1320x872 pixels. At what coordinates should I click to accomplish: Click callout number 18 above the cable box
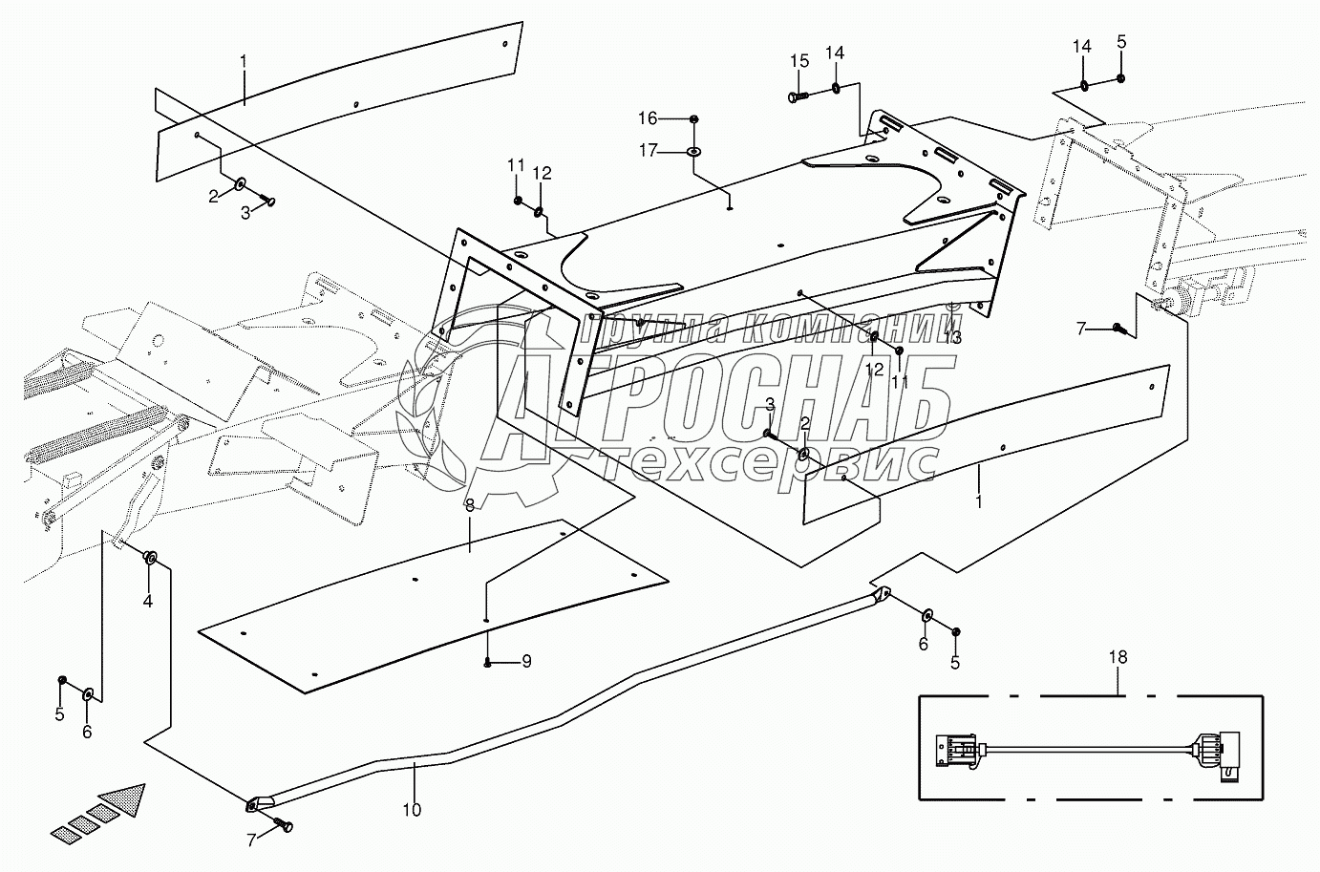click(x=1118, y=657)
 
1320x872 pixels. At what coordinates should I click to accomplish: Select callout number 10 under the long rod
click(x=412, y=810)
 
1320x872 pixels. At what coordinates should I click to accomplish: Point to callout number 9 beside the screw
click(x=526, y=661)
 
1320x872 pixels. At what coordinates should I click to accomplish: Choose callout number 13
click(x=952, y=337)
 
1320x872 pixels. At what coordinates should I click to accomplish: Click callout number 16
click(x=674, y=117)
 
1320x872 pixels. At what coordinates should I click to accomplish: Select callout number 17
click(x=674, y=150)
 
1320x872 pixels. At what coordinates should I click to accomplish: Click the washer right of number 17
click(x=694, y=151)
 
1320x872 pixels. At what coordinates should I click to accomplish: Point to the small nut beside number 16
click(x=694, y=117)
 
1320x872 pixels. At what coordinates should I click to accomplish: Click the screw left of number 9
click(x=488, y=661)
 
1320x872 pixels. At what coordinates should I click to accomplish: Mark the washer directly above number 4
click(x=150, y=557)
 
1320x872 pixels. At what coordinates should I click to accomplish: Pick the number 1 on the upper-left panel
click(x=244, y=62)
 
